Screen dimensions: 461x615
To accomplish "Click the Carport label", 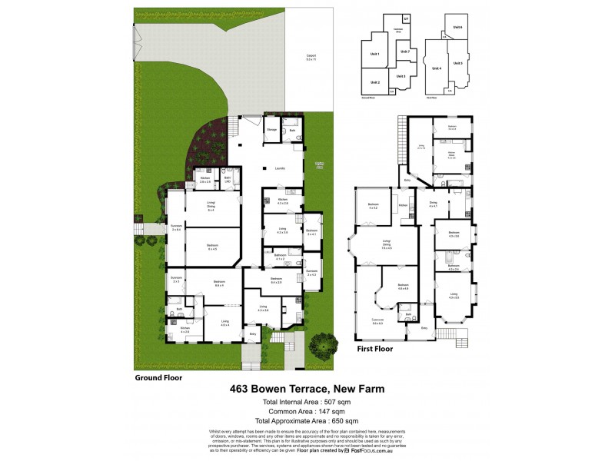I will [311, 57].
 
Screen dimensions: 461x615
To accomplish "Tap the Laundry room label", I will [281, 168].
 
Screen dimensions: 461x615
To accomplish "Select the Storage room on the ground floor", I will [272, 130].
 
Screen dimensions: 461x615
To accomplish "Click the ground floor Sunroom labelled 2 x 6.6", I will [176, 228].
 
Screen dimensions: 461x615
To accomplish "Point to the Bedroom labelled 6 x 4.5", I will [212, 247].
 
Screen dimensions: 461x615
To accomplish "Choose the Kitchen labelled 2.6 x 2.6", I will [205, 180].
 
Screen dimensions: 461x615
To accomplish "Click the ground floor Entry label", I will [254, 334].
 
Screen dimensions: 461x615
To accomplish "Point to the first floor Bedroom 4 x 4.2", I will [374, 206].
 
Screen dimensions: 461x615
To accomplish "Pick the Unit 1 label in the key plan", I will [375, 54].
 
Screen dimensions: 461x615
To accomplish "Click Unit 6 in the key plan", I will [457, 27].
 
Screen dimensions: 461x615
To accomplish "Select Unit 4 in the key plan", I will [438, 67].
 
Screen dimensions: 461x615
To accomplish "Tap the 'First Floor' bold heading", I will [374, 348].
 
